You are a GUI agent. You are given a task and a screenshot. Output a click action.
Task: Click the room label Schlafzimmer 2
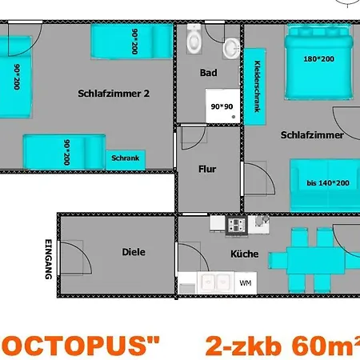pyautogui.click(x=114, y=93)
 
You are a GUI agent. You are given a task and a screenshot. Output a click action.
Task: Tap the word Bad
pyautogui.click(x=209, y=73)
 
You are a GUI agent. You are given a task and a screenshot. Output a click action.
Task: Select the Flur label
pyautogui.click(x=207, y=169)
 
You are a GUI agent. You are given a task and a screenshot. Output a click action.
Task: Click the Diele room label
pyautogui.click(x=134, y=252)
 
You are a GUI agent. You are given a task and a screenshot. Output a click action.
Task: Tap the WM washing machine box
pyautogui.click(x=246, y=282)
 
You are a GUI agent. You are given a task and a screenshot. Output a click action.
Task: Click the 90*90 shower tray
pyautogui.click(x=221, y=106)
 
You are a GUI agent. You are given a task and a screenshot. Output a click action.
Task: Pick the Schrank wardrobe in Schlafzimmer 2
pyautogui.click(x=126, y=158)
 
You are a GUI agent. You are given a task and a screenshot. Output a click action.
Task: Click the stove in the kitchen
pyautogui.click(x=236, y=225)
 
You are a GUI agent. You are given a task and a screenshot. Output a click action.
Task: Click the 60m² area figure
pyautogui.click(x=328, y=346)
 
